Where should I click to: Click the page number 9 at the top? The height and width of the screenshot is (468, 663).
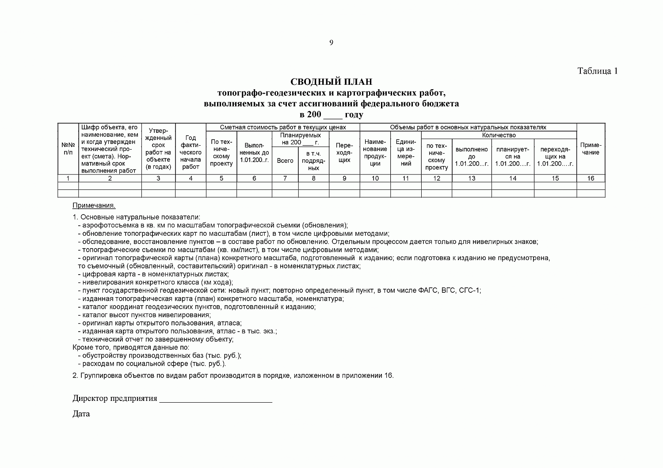(331, 43)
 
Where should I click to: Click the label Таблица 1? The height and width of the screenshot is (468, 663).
(597, 71)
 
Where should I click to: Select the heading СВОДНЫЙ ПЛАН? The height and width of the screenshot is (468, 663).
(331, 82)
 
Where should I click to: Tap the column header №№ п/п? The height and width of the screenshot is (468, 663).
(68, 149)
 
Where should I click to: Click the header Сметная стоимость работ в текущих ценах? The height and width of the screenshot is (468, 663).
(283, 128)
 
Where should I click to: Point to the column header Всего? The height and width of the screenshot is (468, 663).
(285, 161)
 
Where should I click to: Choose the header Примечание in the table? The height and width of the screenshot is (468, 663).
(591, 149)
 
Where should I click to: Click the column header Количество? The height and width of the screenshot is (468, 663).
(499, 135)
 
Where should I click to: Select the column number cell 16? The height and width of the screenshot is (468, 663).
(591, 178)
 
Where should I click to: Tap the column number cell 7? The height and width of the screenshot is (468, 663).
(285, 178)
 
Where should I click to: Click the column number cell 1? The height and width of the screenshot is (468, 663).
(68, 178)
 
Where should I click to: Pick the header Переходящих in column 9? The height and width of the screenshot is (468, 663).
(344, 153)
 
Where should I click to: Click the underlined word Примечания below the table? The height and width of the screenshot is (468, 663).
(94, 206)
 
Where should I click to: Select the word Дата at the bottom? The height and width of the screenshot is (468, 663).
(81, 414)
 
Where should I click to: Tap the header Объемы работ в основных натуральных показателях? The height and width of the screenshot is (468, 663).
(468, 128)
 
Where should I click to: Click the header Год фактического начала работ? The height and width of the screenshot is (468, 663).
(191, 152)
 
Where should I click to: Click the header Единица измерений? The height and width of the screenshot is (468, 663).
(406, 153)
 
